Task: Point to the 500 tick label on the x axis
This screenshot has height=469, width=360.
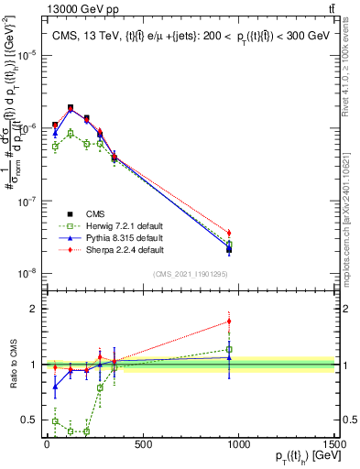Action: click(x=143, y=444)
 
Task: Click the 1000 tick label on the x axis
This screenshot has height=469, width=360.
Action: click(x=238, y=444)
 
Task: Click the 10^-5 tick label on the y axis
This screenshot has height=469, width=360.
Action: click(x=27, y=55)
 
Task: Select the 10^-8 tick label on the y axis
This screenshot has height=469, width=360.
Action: click(x=27, y=272)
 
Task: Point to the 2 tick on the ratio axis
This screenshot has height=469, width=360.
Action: click(x=34, y=309)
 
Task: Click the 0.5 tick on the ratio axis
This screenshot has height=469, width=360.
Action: click(x=30, y=420)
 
